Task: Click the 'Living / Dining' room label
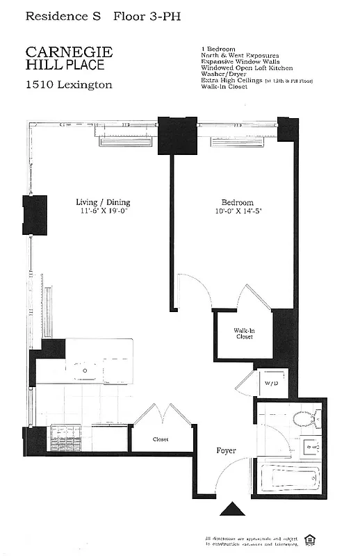pos(103,202)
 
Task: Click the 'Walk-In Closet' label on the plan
pos(243,334)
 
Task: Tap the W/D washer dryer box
pos(270,383)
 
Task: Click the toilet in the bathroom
pos(305,419)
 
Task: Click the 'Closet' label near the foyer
pos(161,439)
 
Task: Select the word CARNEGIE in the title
pos(69,53)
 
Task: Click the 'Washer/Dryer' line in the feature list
pos(221,75)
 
